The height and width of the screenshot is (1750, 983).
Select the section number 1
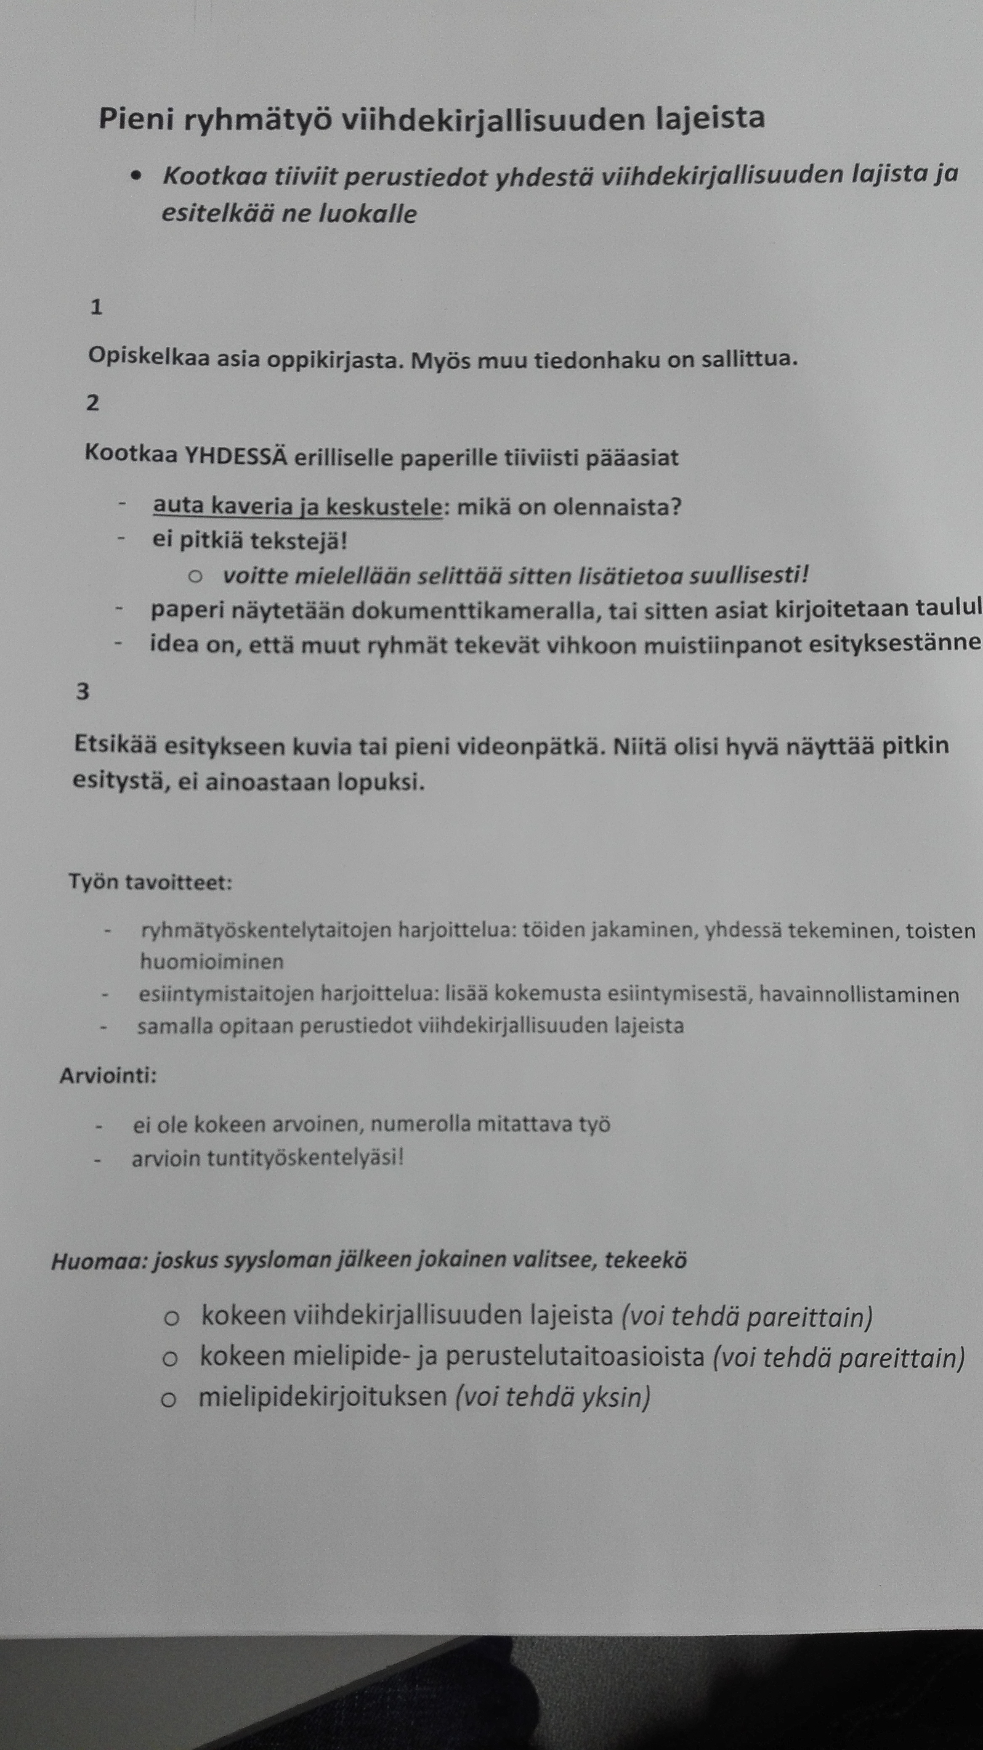(x=96, y=308)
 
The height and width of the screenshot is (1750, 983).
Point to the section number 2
(x=93, y=403)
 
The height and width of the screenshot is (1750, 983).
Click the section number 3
(x=83, y=692)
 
